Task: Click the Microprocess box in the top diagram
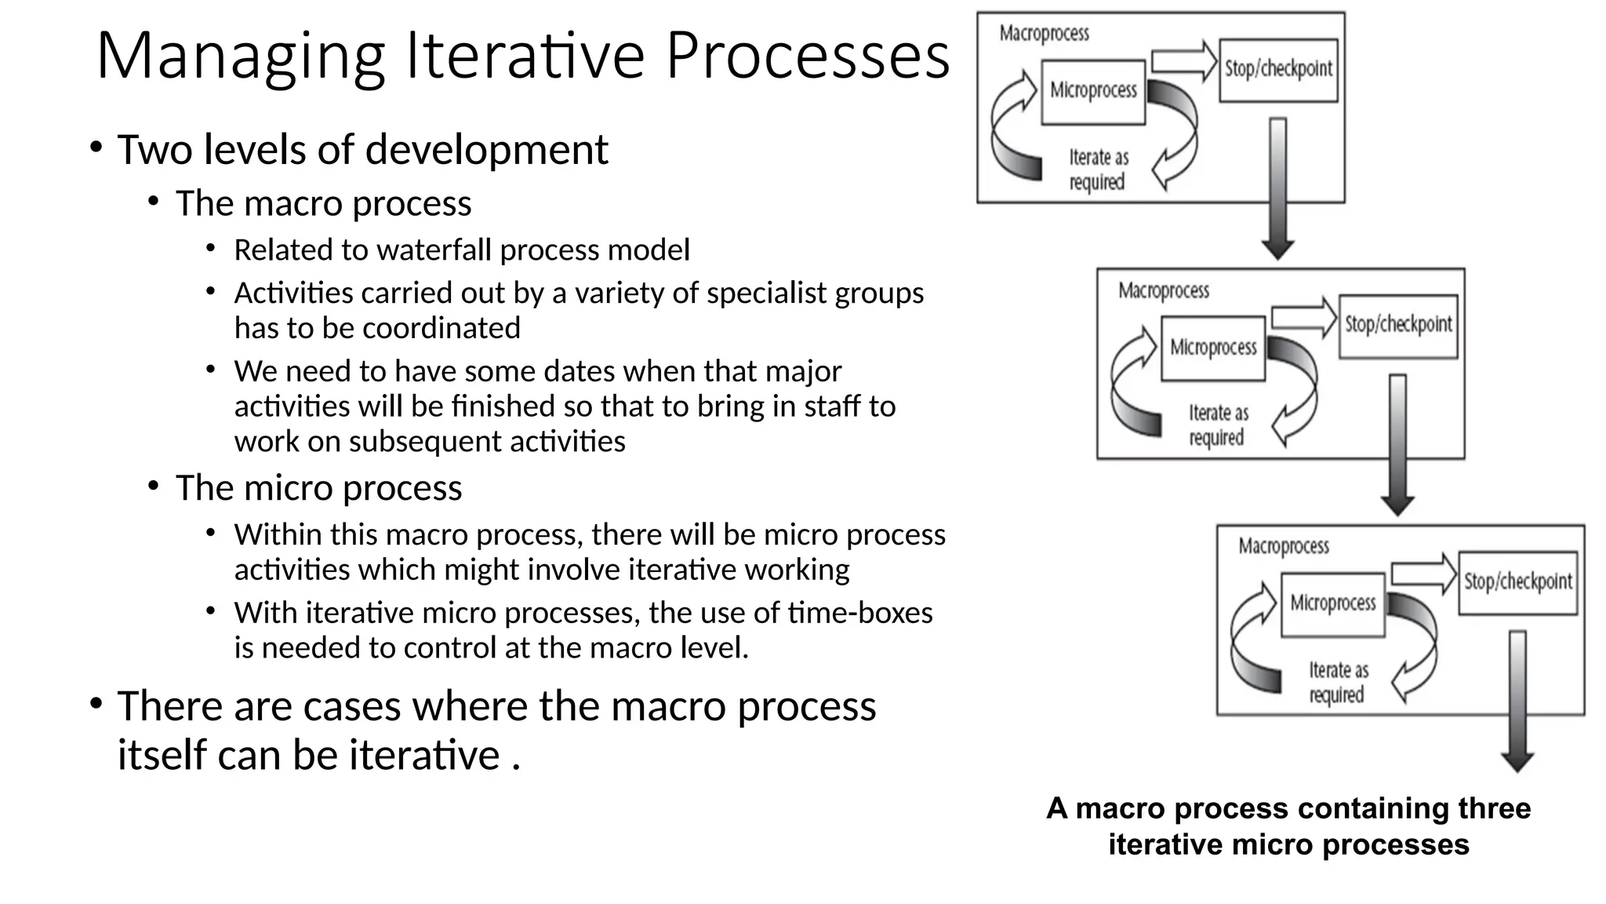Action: click(1093, 92)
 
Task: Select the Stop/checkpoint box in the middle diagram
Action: click(1398, 326)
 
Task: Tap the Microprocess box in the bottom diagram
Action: click(1332, 603)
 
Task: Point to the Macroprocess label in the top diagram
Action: click(1044, 34)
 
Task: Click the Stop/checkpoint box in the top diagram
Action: click(1278, 70)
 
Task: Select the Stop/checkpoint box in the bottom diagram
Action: click(1517, 582)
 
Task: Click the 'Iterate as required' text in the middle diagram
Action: click(1217, 425)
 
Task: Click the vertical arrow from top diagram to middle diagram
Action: click(1278, 188)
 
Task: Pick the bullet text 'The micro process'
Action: click(318, 488)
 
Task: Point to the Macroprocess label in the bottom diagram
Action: click(1283, 546)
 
